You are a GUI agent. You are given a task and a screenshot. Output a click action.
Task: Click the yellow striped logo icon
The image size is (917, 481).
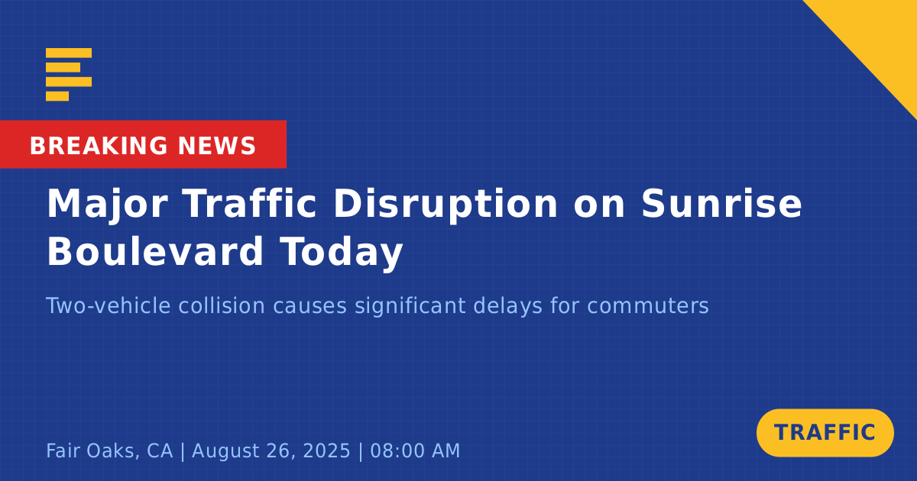pyautogui.click(x=69, y=75)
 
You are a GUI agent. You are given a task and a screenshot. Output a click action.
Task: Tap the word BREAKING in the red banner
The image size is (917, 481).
pyautogui.click(x=99, y=146)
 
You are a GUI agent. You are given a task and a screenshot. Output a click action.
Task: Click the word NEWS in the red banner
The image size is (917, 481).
pyautogui.click(x=217, y=146)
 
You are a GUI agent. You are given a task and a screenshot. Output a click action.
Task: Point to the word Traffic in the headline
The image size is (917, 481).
pyautogui.click(x=249, y=203)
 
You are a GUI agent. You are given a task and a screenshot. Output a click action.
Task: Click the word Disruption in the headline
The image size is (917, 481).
pyautogui.click(x=446, y=205)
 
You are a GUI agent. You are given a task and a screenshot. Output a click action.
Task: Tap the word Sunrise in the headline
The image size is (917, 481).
pyautogui.click(x=721, y=203)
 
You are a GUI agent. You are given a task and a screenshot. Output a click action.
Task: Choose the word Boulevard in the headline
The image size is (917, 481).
pyautogui.click(x=155, y=250)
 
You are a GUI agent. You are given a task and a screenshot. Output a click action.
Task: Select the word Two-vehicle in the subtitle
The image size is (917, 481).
pyautogui.click(x=108, y=305)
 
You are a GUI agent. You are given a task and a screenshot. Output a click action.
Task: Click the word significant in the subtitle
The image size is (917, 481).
pyautogui.click(x=410, y=307)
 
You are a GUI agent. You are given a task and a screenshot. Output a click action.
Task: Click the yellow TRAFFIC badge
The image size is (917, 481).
pyautogui.click(x=825, y=433)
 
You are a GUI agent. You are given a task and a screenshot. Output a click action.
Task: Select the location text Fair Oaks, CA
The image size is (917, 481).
pyautogui.click(x=109, y=450)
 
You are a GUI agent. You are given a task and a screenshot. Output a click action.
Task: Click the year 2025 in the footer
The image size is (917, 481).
pyautogui.click(x=326, y=450)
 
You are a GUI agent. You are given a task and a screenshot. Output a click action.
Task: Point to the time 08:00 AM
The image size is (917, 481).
pyautogui.click(x=415, y=450)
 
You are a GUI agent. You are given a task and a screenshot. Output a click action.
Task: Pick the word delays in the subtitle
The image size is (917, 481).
pyautogui.click(x=507, y=307)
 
